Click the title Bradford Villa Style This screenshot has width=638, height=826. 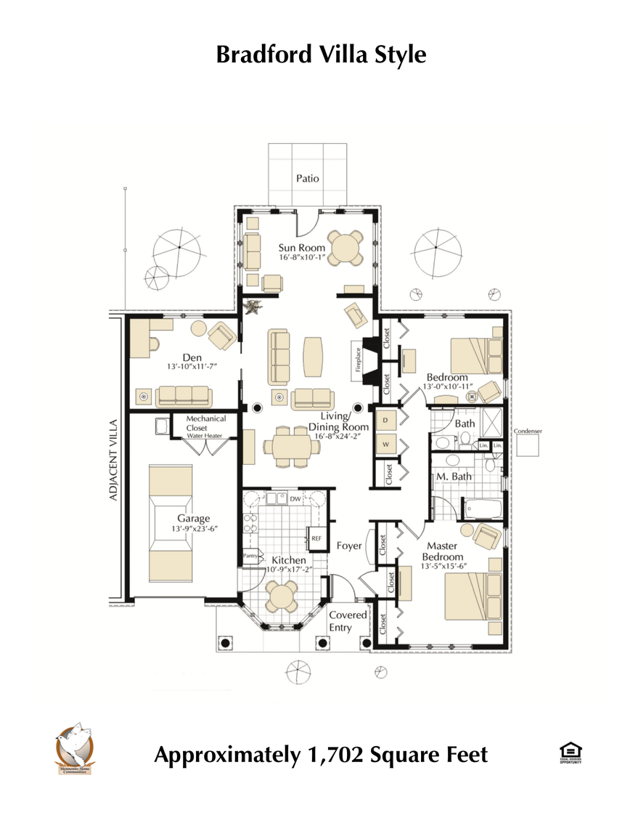coord(321,54)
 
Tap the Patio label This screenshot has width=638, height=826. coord(307,178)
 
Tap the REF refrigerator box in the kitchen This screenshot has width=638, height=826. coord(316,538)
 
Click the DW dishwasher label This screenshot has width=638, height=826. coord(295,499)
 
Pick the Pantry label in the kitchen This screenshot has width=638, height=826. coord(251,556)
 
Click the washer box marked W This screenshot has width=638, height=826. coord(385,444)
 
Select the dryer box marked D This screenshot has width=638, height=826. coord(385,421)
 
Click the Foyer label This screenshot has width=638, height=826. coord(349,546)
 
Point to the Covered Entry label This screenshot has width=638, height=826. coord(348,621)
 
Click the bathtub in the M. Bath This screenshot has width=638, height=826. coord(482,507)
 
